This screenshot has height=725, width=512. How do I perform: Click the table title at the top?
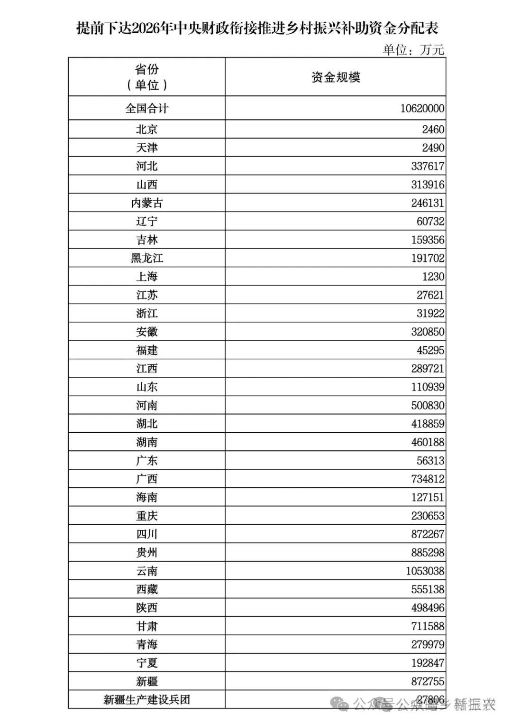pyautogui.click(x=257, y=28)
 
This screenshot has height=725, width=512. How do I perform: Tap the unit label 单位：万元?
pyautogui.click(x=413, y=49)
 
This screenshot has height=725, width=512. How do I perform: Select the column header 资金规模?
pyautogui.click(x=336, y=77)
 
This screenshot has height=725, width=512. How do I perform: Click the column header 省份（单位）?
pyautogui.click(x=146, y=77)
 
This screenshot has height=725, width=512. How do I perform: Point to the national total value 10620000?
pyautogui.click(x=422, y=109)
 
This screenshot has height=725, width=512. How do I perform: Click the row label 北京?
pyautogui.click(x=146, y=130)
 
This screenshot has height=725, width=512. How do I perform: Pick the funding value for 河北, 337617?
pyautogui.click(x=428, y=167)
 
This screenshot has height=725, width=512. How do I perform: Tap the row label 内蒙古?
pyautogui.click(x=146, y=203)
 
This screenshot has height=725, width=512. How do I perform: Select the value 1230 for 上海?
pyautogui.click(x=433, y=277)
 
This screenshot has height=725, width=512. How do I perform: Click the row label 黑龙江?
pyautogui.click(x=146, y=259)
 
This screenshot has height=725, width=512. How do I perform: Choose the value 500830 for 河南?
pyautogui.click(x=428, y=406)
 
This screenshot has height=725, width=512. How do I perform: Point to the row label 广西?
pyautogui.click(x=146, y=479)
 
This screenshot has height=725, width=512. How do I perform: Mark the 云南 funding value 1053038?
pyautogui.click(x=425, y=571)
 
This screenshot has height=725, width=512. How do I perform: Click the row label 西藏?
pyautogui.click(x=146, y=590)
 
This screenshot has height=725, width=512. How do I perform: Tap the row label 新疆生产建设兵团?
pyautogui.click(x=146, y=700)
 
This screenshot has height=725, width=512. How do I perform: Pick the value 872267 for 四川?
pyautogui.click(x=428, y=534)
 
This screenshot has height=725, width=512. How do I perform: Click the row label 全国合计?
pyautogui.click(x=146, y=109)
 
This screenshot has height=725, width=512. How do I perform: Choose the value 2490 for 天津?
pyautogui.click(x=433, y=148)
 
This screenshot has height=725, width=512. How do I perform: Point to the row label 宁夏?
pyautogui.click(x=146, y=663)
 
